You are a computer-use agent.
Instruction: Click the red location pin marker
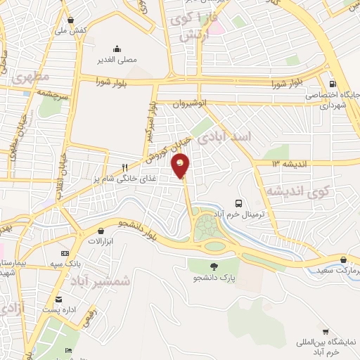pyautogui.click(x=181, y=167)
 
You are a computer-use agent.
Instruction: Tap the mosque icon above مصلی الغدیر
pyautogui.click(x=117, y=49)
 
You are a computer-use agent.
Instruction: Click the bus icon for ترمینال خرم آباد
pyautogui.click(x=240, y=186)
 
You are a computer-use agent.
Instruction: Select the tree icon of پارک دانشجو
pyautogui.click(x=213, y=266)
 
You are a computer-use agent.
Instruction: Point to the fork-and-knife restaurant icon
pyautogui.click(x=124, y=168)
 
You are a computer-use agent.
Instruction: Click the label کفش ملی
pyautogui.click(x=72, y=31)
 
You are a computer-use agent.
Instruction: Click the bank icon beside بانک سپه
pyautogui.click(x=65, y=253)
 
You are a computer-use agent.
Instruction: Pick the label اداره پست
pyautogui.click(x=59, y=309)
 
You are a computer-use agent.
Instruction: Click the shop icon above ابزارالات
pyautogui.click(x=101, y=230)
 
